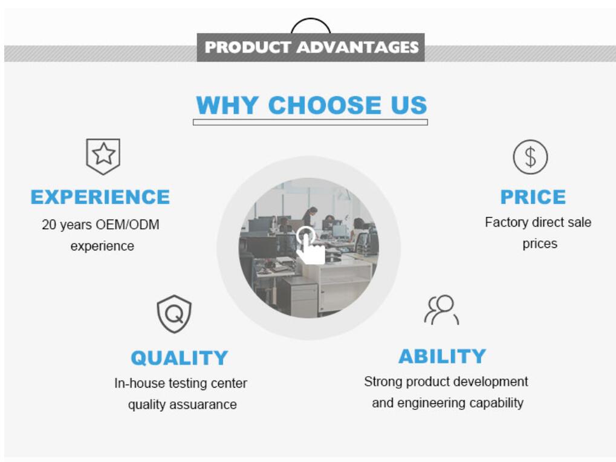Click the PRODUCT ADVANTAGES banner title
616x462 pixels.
(311, 47)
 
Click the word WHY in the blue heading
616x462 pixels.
(227, 105)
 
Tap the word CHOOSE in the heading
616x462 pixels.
(325, 105)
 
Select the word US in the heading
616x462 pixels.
(409, 105)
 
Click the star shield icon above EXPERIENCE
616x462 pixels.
(103, 157)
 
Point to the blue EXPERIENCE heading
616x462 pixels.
(100, 197)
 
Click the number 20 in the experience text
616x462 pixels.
(49, 225)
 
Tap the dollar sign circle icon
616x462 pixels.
(530, 157)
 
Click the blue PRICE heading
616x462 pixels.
(533, 197)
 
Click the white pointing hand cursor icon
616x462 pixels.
(310, 246)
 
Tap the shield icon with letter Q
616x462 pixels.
(174, 314)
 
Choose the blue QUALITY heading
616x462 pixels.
(180, 358)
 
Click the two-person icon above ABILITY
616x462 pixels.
(441, 310)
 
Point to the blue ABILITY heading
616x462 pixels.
(443, 356)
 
